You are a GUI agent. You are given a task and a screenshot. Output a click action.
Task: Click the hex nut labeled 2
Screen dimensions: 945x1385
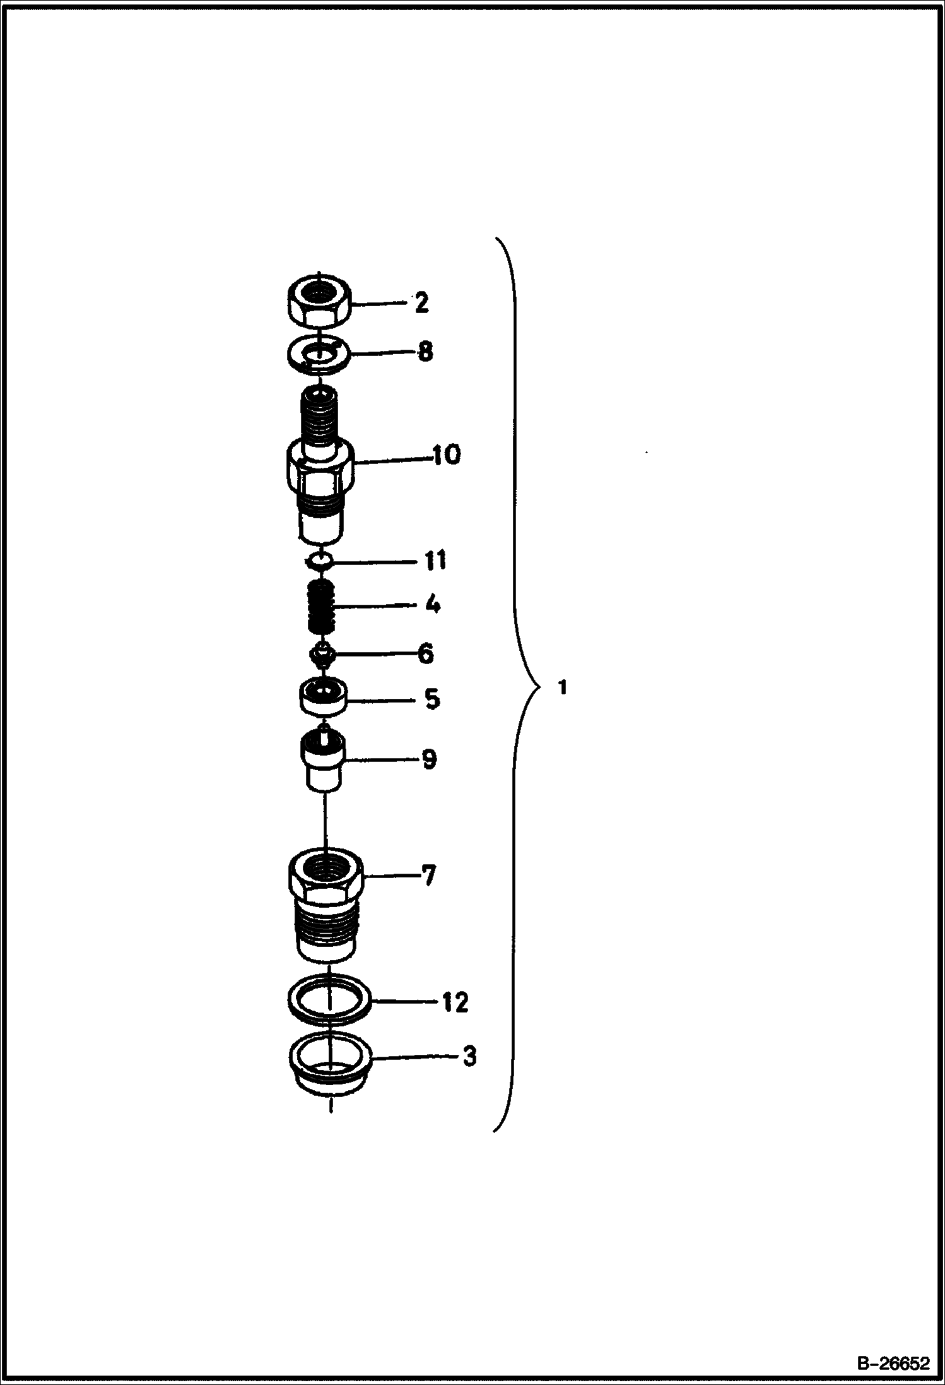(x=319, y=301)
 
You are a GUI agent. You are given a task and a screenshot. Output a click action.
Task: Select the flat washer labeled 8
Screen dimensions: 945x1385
(x=318, y=353)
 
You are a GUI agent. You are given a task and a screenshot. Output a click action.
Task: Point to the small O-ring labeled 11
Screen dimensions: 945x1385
(x=319, y=561)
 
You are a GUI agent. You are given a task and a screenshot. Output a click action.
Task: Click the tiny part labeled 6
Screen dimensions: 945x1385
(x=322, y=655)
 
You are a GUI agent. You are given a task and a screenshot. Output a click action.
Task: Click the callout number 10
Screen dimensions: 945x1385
(x=446, y=455)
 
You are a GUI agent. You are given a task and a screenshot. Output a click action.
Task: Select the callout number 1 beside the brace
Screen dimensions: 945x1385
(x=563, y=687)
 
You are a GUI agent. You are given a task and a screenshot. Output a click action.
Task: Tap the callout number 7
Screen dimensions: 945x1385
(x=428, y=876)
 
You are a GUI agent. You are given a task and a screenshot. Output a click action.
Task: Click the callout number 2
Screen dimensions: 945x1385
(x=421, y=303)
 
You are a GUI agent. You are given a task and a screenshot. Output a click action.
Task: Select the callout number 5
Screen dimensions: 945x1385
(x=431, y=699)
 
